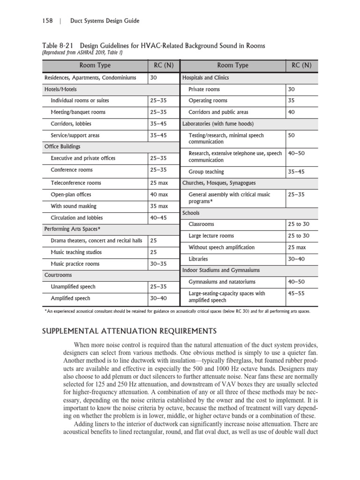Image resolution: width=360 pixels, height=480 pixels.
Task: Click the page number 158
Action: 48,21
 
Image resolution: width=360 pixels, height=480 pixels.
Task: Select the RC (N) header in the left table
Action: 164,65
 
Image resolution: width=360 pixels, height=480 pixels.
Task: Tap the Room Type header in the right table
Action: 232,65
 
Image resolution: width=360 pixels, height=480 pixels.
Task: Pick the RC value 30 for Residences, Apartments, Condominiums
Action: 154,77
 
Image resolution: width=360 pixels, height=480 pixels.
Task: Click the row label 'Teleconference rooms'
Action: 75,183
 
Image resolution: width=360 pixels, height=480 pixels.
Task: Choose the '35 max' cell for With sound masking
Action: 159,206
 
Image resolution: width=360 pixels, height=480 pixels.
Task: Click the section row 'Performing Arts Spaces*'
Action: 72,229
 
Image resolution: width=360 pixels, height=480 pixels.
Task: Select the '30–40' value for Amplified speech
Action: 158,298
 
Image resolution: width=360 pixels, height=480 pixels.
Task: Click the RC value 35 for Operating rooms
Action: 292,100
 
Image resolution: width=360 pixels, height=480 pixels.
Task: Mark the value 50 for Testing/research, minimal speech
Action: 292,135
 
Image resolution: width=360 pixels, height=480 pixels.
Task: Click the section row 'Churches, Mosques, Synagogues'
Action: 219,183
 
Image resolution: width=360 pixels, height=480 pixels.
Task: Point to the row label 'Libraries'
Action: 198,259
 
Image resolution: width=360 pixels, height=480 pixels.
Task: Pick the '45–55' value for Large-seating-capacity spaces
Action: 296,293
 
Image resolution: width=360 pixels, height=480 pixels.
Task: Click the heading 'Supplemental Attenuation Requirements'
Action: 129,331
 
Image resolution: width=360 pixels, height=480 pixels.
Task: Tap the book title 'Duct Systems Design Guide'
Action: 105,21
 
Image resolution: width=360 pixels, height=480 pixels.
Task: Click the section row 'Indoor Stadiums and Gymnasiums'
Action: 221,270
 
